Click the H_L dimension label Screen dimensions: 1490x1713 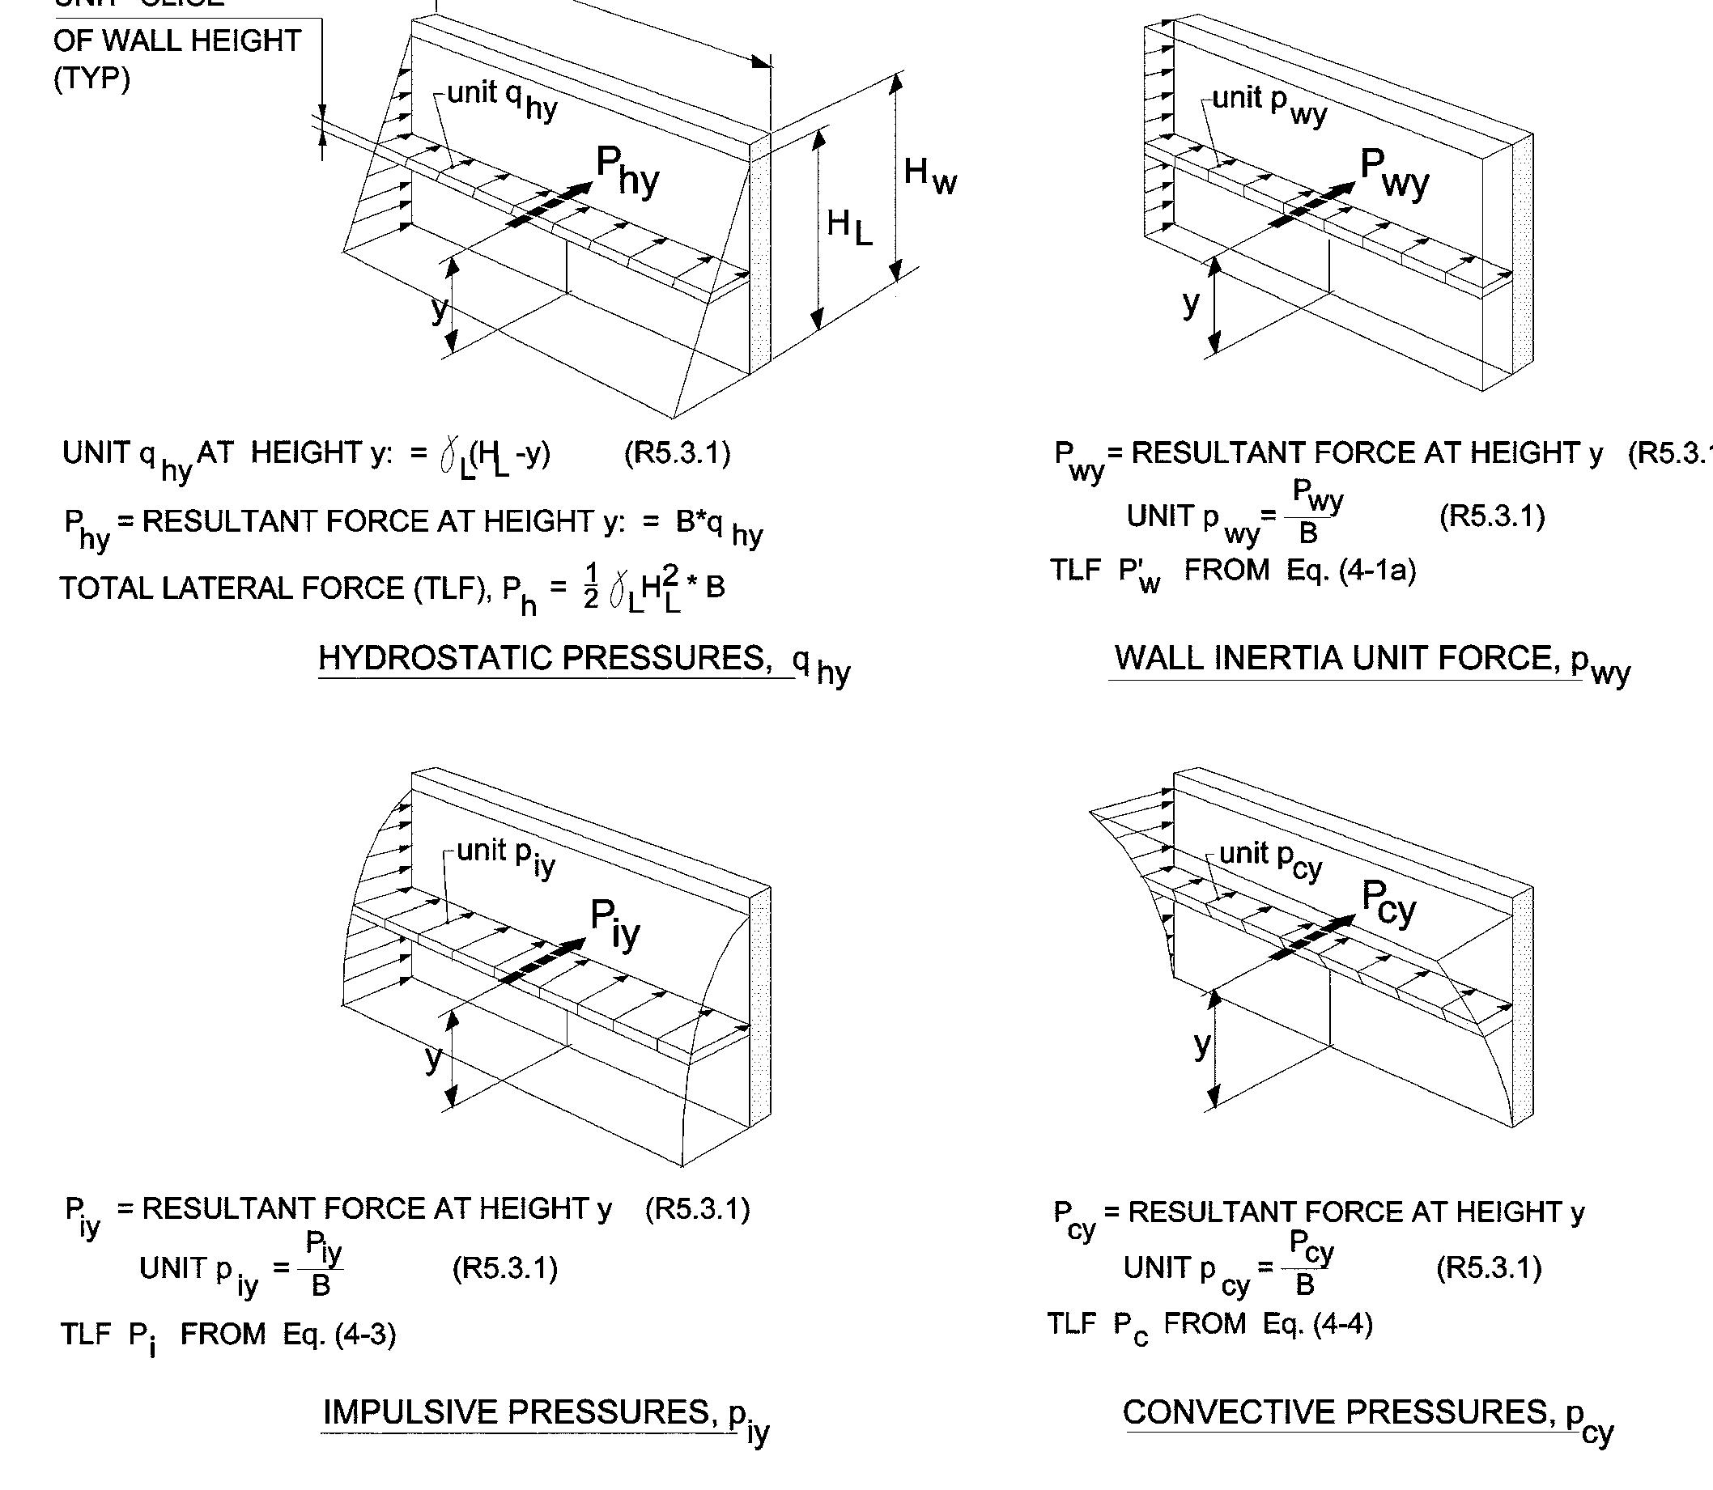click(x=848, y=226)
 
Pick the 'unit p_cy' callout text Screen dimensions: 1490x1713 click(x=1270, y=857)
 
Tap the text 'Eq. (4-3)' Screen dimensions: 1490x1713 click(x=338, y=1335)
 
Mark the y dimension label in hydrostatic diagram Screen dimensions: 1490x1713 click(x=439, y=308)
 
